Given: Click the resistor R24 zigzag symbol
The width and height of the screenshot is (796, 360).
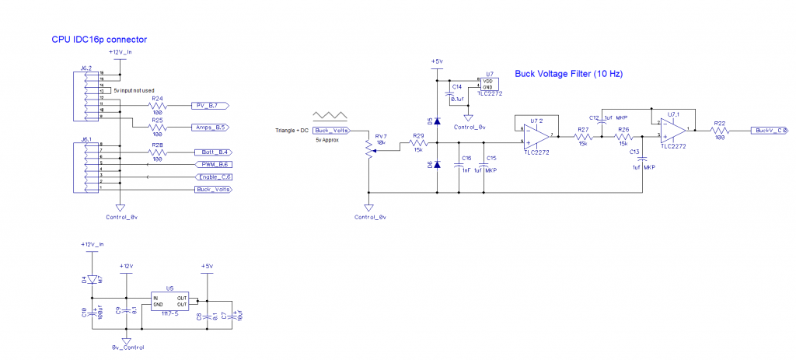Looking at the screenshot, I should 158,105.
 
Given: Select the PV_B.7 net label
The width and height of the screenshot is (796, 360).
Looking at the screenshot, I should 208,105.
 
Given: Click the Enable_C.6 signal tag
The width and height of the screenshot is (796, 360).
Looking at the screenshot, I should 211,177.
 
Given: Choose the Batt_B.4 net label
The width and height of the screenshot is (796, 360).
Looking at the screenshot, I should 208,152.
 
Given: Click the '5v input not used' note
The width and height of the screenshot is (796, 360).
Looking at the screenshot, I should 134,91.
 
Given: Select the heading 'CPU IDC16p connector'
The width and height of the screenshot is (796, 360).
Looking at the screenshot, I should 99,39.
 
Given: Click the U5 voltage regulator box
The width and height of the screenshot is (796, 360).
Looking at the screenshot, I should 169,302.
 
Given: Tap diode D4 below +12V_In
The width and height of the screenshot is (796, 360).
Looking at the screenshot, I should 92,279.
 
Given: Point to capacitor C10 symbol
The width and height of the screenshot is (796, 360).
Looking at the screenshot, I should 92,313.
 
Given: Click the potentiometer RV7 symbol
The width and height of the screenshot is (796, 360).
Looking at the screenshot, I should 368,148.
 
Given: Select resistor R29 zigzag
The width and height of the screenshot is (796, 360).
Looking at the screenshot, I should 418,143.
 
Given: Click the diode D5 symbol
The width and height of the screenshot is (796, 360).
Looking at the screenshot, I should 437,121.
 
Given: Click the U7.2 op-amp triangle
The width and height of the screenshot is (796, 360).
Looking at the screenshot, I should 536,135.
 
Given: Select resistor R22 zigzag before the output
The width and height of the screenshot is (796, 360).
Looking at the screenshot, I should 720,131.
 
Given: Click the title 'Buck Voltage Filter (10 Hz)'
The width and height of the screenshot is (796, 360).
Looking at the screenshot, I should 569,75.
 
